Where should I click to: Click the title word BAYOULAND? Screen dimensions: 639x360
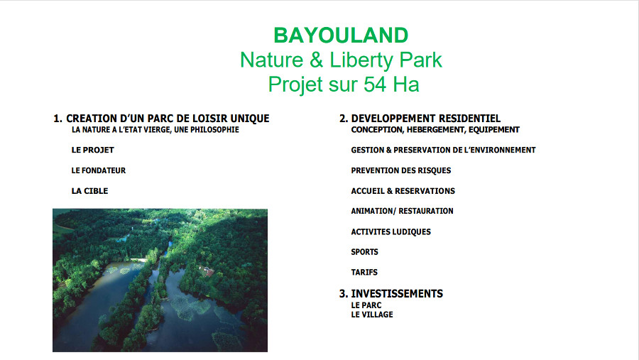tap(341, 36)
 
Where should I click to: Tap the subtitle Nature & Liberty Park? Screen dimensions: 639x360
tap(341, 60)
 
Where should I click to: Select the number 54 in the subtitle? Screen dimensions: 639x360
tap(375, 84)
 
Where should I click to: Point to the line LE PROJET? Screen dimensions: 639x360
tap(92, 150)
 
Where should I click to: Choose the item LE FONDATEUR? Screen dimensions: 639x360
tap(99, 170)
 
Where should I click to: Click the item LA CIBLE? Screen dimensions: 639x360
tap(89, 191)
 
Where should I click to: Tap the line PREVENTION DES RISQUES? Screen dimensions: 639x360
tap(401, 170)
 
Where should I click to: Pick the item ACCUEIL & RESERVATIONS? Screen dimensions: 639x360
tap(403, 191)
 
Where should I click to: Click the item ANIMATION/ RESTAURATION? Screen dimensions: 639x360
tap(403, 211)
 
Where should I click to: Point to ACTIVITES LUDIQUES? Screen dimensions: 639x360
tap(390, 232)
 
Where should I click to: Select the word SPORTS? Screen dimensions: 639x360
tap(365, 252)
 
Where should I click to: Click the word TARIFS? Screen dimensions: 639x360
tap(364, 273)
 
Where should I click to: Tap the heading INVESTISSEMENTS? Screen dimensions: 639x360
tap(397, 294)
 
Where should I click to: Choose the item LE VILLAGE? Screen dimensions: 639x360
tap(372, 315)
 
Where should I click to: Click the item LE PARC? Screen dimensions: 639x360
tap(366, 305)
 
